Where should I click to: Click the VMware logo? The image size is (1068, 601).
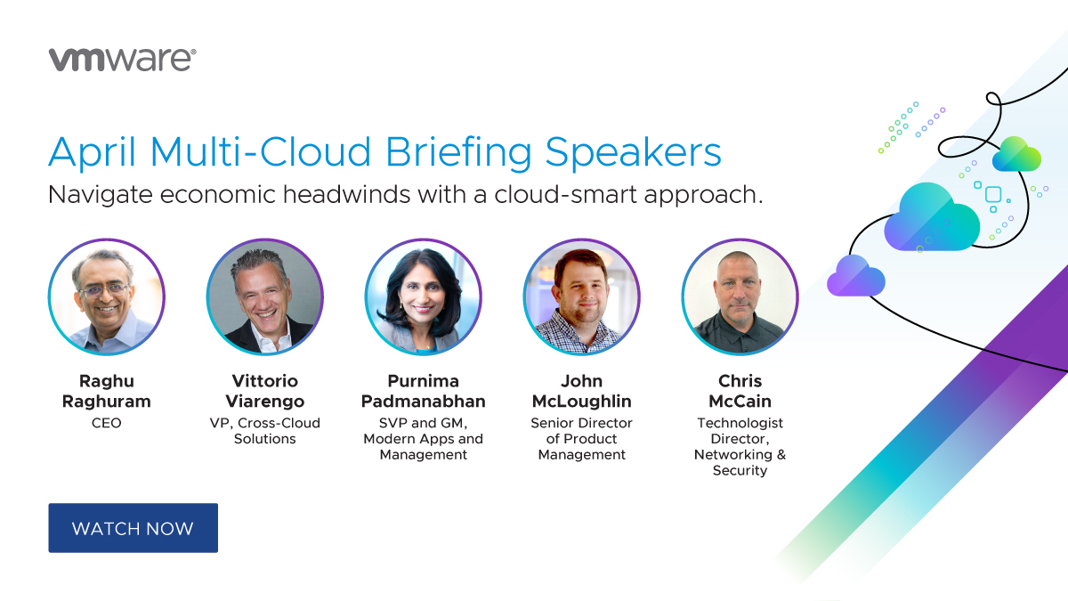(x=122, y=60)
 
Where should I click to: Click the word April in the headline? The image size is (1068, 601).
(x=92, y=152)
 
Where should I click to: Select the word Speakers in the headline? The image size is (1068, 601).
(x=633, y=152)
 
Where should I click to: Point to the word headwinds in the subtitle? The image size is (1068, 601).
(x=346, y=195)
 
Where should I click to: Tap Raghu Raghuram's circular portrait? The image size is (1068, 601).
(x=106, y=296)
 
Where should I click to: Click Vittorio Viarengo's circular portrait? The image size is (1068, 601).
(x=264, y=296)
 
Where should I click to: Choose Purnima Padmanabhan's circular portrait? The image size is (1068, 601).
(x=423, y=296)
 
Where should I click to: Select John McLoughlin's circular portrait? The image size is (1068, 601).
(x=581, y=296)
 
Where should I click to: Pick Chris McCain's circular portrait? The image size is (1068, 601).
(x=740, y=296)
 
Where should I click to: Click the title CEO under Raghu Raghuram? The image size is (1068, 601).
(x=106, y=423)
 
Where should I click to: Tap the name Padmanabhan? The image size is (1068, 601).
(x=423, y=402)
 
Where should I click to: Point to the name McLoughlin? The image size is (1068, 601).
(x=582, y=402)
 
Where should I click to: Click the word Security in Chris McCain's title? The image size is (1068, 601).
(x=740, y=471)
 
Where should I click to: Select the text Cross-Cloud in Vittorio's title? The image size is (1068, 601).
(x=279, y=423)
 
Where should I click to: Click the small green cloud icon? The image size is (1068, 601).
(x=1016, y=155)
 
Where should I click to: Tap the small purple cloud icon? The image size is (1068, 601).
(x=856, y=276)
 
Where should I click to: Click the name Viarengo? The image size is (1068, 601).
(x=264, y=402)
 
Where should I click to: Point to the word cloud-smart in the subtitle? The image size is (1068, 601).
(x=565, y=195)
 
